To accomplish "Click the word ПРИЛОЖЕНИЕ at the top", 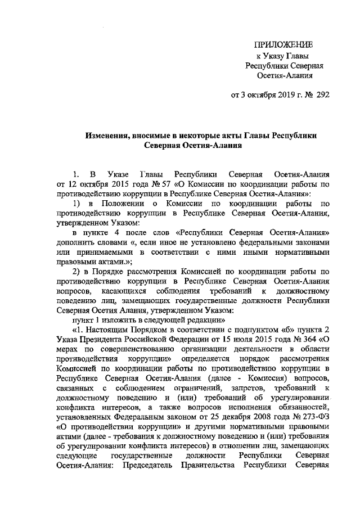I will point(282,44).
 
